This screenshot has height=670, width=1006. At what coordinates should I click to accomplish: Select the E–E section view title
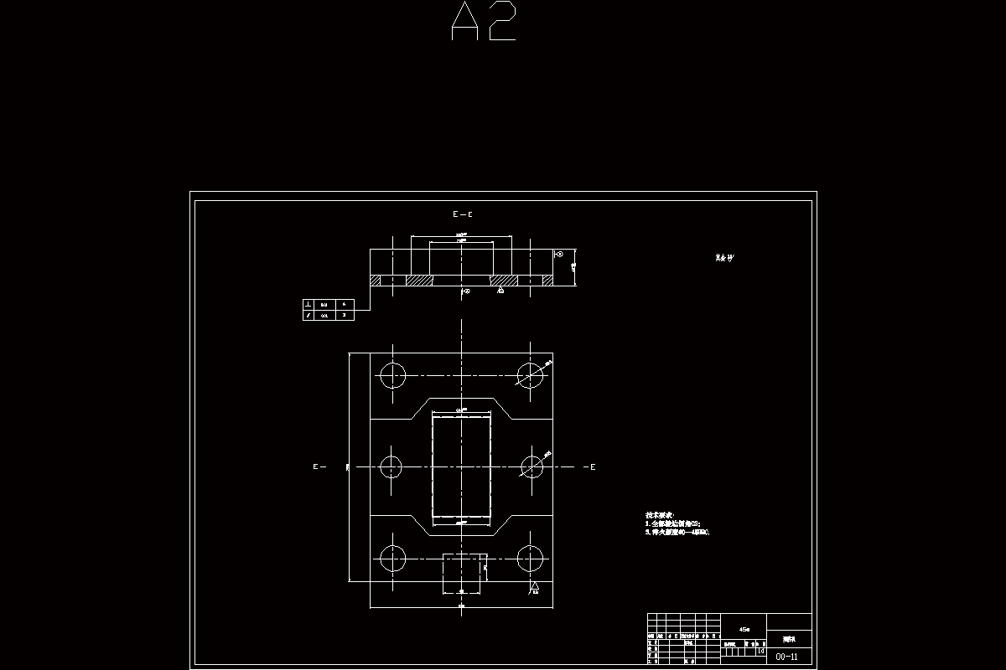[x=463, y=214]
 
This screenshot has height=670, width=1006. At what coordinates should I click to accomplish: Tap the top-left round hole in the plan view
[x=392, y=375]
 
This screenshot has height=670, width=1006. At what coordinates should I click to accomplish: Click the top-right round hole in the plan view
[x=530, y=375]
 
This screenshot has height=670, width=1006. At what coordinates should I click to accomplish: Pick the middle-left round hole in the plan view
[x=392, y=466]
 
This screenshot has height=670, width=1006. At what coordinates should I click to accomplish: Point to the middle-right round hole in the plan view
[x=532, y=466]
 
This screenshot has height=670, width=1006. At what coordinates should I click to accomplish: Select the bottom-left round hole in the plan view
[x=392, y=558]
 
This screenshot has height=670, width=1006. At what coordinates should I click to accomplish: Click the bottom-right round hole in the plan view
[x=530, y=558]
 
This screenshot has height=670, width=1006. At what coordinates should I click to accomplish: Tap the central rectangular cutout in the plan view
[x=461, y=466]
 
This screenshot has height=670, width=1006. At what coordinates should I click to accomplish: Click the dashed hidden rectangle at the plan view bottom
[x=464, y=574]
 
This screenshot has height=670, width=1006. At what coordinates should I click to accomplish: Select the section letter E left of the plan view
[x=316, y=466]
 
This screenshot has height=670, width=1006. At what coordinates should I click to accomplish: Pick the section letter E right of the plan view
[x=593, y=466]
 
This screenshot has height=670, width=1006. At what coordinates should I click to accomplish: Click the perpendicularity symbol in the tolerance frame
[x=309, y=304]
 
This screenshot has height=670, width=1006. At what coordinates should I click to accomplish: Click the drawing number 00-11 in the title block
[x=787, y=657]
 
